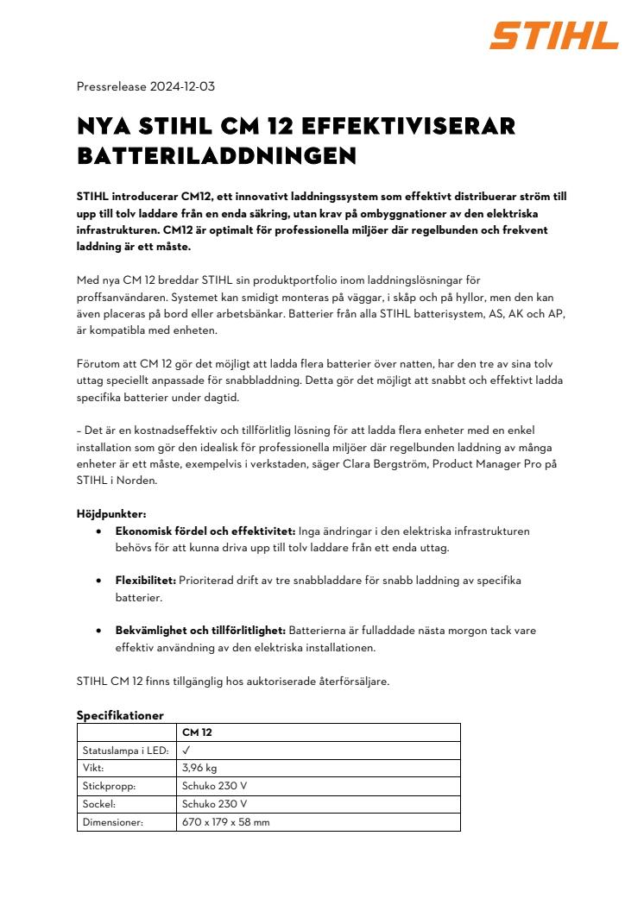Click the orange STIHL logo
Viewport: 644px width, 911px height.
(x=554, y=36)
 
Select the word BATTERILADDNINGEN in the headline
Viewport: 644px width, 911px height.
(x=216, y=156)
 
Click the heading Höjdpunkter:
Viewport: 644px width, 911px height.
(x=111, y=514)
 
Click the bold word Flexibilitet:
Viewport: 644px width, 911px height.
(x=146, y=581)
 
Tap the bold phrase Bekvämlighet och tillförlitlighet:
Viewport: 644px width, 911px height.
(x=200, y=631)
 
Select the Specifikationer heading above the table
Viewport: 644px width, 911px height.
(x=120, y=715)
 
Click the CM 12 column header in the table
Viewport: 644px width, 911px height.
(x=197, y=732)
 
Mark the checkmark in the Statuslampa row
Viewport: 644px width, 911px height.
(x=186, y=751)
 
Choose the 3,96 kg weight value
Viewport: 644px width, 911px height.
(x=199, y=769)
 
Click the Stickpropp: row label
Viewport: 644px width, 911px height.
(x=109, y=786)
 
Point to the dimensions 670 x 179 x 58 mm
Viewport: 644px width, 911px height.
(x=225, y=822)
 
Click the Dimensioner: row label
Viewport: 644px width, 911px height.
(x=112, y=822)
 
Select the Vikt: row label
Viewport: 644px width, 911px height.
(x=93, y=769)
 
